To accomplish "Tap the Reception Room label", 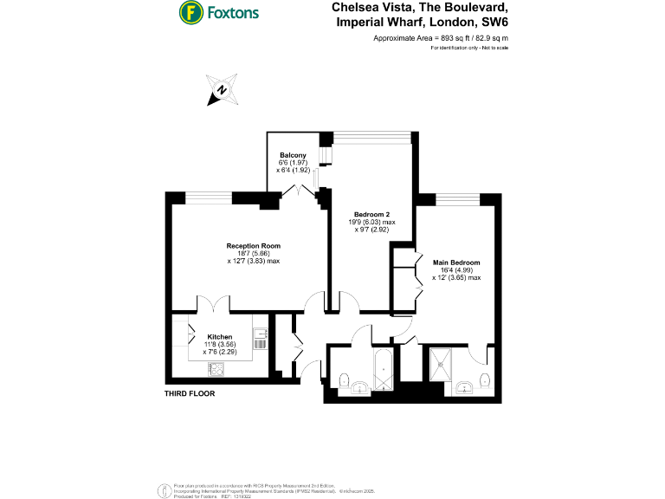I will pyautogui.click(x=254, y=246).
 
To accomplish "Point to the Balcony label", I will pyautogui.click(x=292, y=155).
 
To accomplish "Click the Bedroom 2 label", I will pyautogui.click(x=370, y=214).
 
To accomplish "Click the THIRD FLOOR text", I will pyautogui.click(x=190, y=393).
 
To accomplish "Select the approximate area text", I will pyautogui.click(x=440, y=39).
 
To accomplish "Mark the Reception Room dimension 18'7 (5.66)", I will pyautogui.click(x=254, y=254).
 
